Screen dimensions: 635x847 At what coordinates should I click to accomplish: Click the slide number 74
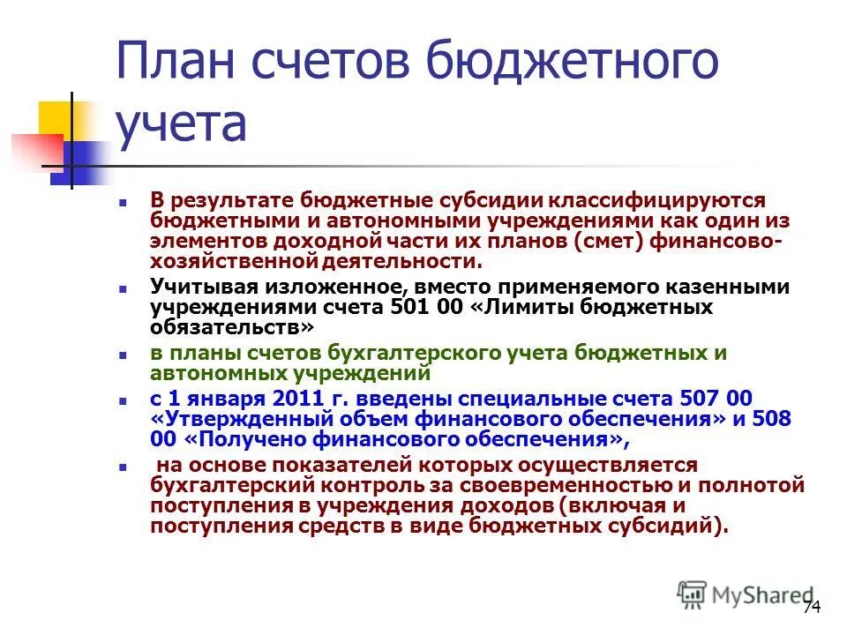tap(812, 608)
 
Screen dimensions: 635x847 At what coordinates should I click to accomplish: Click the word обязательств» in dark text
tap(231, 327)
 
